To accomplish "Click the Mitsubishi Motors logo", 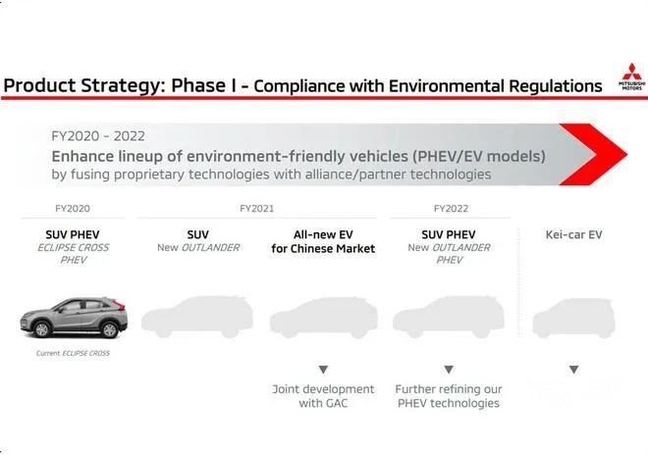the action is point(632,76).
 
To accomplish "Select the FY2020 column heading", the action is point(73,209).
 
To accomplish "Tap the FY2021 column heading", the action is point(256,209).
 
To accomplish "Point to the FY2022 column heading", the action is point(451,209).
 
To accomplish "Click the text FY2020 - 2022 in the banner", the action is point(98,136).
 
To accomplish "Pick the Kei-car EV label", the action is point(573,234).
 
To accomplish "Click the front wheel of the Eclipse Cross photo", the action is point(42,328).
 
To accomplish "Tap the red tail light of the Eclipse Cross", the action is point(119,305).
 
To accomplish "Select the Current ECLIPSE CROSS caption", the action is point(73,353).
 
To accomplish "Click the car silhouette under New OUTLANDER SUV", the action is point(196,317).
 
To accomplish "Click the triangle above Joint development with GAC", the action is point(323,369).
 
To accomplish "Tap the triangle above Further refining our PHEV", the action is point(449,369).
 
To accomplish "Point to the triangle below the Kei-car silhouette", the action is point(573,369).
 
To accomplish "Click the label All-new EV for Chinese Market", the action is point(323,241).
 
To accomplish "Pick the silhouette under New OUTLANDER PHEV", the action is point(449,317).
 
